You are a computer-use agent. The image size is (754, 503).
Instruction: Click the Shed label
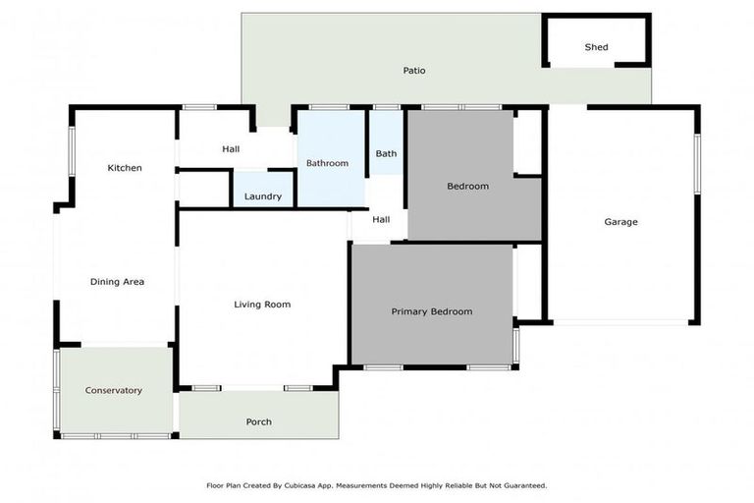coord(596,47)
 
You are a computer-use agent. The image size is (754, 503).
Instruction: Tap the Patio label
coord(414,71)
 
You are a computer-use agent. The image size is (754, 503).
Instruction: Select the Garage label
coord(620,222)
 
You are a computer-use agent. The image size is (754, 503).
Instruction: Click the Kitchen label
coord(125,168)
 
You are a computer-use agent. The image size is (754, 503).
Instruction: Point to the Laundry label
coord(262,196)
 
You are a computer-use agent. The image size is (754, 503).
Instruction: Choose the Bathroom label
coord(327,163)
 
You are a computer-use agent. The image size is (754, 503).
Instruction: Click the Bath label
coord(386,153)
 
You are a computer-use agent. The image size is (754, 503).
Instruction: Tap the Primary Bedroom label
coord(432,311)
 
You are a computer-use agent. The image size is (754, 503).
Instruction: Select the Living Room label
coord(262,305)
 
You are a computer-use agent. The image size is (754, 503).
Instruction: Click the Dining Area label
coord(118,282)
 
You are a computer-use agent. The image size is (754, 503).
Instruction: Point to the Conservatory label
coord(114,390)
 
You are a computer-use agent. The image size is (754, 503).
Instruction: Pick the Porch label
coord(258,421)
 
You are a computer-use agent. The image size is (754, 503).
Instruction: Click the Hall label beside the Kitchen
coord(231,149)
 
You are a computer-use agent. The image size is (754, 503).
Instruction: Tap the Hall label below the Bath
coord(381,220)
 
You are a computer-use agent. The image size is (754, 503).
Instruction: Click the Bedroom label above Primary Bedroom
coord(467,186)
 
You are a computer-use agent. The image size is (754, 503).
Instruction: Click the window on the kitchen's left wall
coord(71,152)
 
